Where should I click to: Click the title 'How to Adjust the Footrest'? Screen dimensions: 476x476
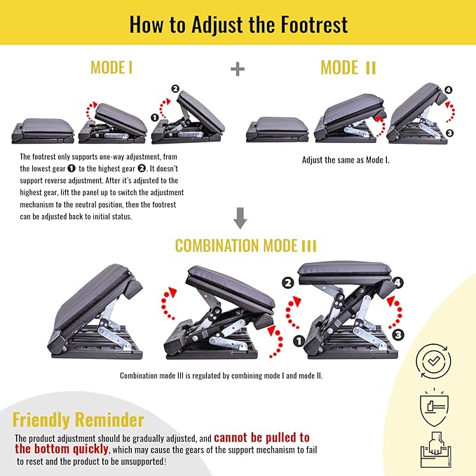(x=238, y=24)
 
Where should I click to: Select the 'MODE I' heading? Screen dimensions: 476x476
(x=111, y=67)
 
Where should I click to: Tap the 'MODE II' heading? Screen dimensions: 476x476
(x=348, y=67)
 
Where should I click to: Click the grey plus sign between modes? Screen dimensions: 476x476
(x=238, y=68)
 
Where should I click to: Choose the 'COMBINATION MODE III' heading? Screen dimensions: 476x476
(x=245, y=246)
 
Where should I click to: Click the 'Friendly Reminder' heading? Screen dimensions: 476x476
(x=79, y=420)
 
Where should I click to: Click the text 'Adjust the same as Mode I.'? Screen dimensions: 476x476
(x=345, y=160)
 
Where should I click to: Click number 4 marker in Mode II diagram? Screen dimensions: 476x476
(x=449, y=90)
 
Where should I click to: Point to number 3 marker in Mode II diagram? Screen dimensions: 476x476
(x=449, y=132)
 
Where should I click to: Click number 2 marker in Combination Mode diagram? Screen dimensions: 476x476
(x=287, y=283)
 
